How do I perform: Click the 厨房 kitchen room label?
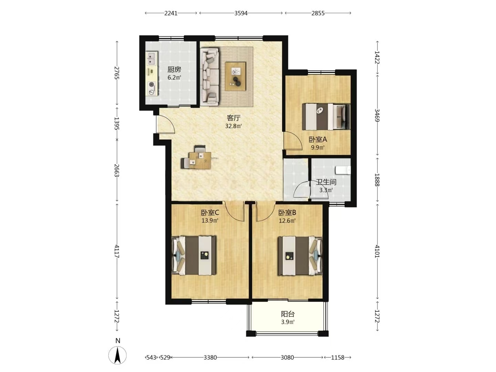174,69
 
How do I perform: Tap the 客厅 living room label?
234,118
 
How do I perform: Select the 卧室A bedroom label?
318,139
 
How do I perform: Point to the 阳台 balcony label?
288,314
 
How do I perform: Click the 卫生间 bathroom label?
326,182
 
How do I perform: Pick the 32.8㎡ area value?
234,126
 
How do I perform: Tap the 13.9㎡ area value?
210,220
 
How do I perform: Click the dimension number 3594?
241,13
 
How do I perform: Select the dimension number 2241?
171,13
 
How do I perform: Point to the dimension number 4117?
117,251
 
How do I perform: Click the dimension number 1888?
377,180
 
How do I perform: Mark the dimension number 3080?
287,358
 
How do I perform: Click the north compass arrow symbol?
117,355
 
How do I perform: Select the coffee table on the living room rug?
235,76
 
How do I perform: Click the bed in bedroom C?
194,256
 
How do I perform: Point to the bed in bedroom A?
326,116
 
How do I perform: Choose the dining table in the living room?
200,161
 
